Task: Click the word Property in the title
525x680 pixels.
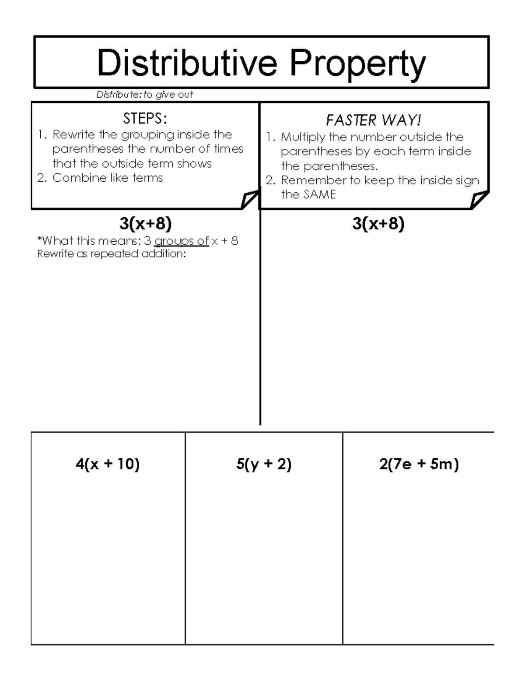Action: coord(357,64)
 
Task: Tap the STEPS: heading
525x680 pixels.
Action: coord(145,118)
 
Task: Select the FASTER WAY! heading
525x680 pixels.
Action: coord(373,120)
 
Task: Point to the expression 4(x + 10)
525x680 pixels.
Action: coord(108,464)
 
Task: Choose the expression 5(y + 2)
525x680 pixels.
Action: coord(264,464)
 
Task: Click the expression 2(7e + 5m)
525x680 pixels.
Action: coord(419,464)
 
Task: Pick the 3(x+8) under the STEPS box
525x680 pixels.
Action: coord(145,224)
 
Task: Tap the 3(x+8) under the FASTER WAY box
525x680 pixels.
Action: coord(378,224)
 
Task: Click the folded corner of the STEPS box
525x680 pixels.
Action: coord(249,200)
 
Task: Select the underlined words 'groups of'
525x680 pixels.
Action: coord(182,241)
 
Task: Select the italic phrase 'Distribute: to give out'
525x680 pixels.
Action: coord(144,95)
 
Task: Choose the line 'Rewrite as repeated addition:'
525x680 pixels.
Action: coord(112,254)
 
